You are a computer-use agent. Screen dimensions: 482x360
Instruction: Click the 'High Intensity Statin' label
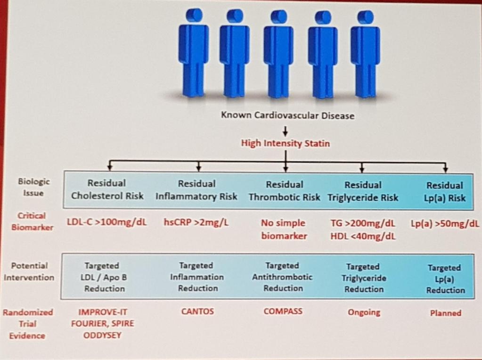click(x=285, y=143)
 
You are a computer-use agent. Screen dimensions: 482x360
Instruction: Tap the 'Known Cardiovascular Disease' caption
click(x=288, y=115)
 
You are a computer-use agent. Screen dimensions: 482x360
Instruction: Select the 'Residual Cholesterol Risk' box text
click(x=107, y=189)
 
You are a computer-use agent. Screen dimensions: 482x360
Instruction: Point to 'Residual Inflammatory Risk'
click(x=196, y=190)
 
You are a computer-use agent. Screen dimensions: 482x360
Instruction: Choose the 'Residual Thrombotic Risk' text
click(x=284, y=191)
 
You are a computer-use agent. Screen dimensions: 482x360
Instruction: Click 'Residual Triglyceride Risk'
click(x=363, y=191)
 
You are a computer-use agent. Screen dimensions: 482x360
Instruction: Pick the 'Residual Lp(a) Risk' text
click(x=445, y=192)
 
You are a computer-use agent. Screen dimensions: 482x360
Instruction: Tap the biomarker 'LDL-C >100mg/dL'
click(x=107, y=222)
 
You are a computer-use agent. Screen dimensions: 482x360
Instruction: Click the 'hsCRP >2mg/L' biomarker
click(x=196, y=222)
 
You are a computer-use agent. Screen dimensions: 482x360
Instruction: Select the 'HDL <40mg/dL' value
click(x=363, y=236)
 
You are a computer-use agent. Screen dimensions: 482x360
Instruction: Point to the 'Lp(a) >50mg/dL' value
click(x=445, y=223)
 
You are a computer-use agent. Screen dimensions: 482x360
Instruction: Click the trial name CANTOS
click(x=197, y=311)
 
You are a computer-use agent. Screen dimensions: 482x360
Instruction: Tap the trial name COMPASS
click(x=283, y=311)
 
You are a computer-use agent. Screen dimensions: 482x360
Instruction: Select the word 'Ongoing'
click(x=364, y=312)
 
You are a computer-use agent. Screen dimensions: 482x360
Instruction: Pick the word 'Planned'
click(x=446, y=313)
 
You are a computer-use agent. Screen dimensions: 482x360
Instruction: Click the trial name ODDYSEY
click(x=102, y=335)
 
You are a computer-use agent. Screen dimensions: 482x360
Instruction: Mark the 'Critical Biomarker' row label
click(x=32, y=221)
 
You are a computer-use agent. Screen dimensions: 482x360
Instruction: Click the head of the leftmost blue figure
click(x=194, y=16)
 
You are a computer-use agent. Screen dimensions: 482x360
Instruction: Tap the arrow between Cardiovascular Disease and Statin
click(x=285, y=131)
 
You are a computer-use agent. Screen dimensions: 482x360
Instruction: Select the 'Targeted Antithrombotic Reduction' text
click(x=283, y=277)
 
